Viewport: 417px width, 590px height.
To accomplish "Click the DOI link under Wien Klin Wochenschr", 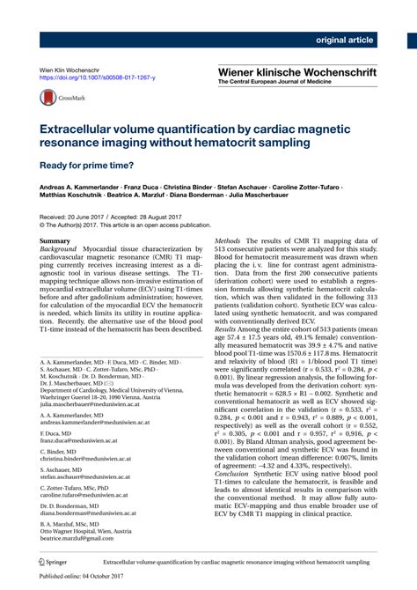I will (x=98, y=78).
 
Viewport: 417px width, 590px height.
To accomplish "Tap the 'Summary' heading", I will (x=55, y=240).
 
